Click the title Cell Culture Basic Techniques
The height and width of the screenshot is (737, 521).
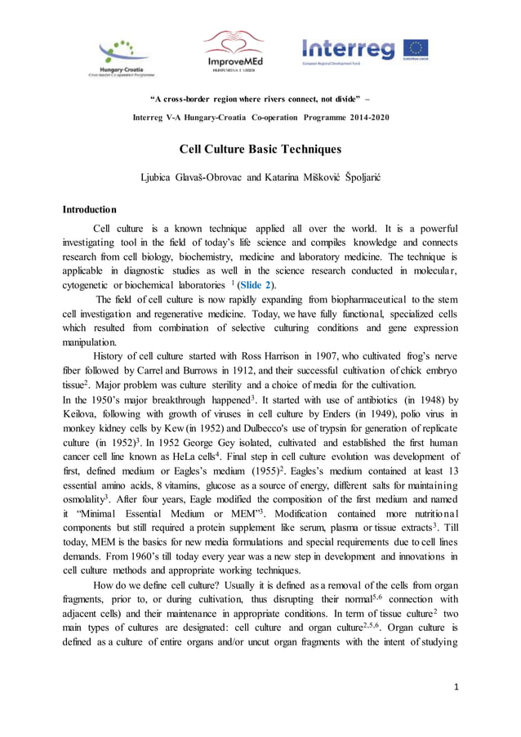(x=260, y=149)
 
